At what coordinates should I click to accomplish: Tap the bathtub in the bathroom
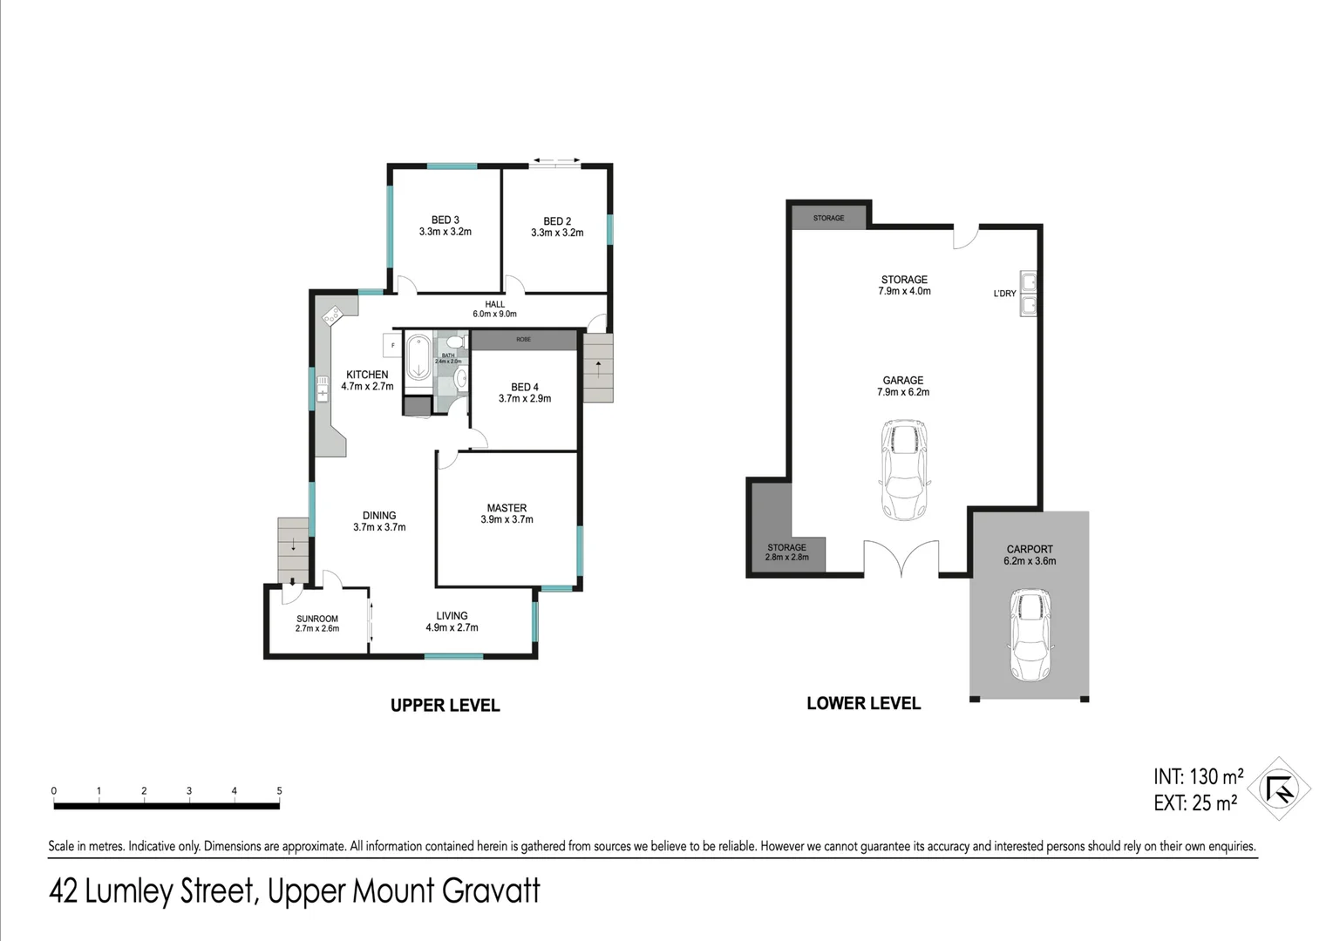pos(418,356)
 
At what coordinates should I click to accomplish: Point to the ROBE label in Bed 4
pos(523,339)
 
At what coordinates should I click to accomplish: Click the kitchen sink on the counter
pos(322,388)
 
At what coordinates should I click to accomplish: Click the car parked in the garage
pos(903,470)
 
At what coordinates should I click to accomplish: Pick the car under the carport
pos(1030,634)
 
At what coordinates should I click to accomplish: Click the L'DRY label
pos(1004,294)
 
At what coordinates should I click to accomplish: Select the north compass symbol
pos(1279,789)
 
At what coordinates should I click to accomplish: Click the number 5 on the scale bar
pos(279,791)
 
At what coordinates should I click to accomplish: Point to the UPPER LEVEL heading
pos(445,706)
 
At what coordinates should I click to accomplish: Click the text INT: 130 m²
pos(1198,776)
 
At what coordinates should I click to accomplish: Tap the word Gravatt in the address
pos(491,891)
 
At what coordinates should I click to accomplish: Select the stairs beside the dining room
pos(293,550)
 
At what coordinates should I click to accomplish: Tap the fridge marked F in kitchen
pos(391,346)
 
